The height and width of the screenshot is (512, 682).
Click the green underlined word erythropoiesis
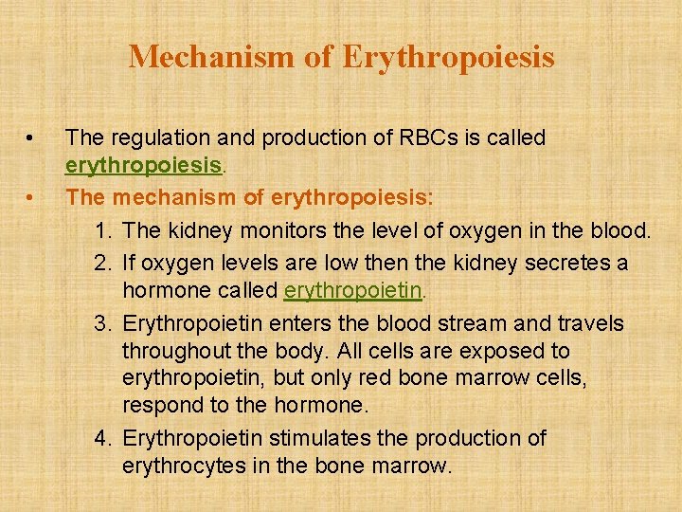(x=143, y=166)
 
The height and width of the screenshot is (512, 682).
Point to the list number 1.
(x=104, y=229)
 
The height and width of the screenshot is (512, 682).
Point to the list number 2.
(x=104, y=261)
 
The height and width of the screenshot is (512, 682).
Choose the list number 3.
(x=104, y=323)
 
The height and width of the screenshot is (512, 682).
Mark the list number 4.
(x=104, y=438)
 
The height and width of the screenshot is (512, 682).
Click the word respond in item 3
(x=163, y=406)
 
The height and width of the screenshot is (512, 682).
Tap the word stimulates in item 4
(x=320, y=438)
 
